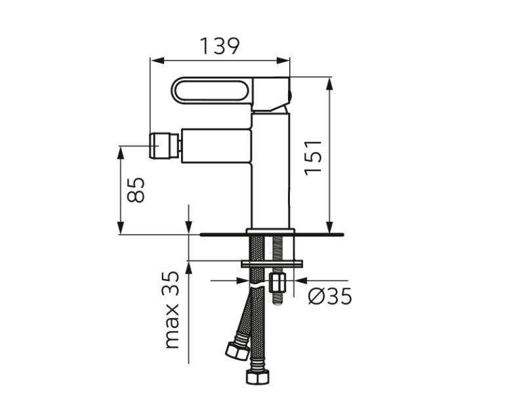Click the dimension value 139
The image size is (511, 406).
pyautogui.click(x=220, y=46)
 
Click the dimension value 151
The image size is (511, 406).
pyautogui.click(x=313, y=157)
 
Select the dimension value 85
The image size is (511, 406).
pyautogui.click(x=135, y=191)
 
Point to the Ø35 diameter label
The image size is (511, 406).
pyautogui.click(x=330, y=297)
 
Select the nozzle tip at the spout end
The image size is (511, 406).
pyautogui.click(x=165, y=145)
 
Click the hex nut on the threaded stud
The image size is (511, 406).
pyautogui.click(x=277, y=284)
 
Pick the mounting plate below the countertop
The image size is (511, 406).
pyautogui.click(x=272, y=264)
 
